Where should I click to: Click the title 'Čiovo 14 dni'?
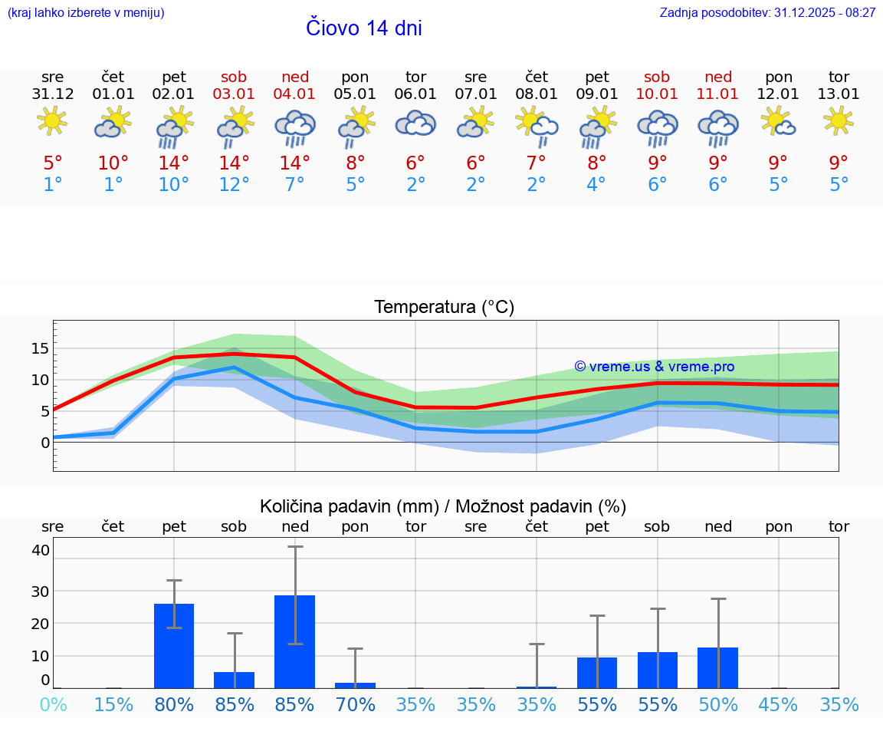(x=363, y=28)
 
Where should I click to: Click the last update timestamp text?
(x=767, y=13)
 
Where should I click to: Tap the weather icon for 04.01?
(x=295, y=127)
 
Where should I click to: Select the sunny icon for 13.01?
(x=838, y=120)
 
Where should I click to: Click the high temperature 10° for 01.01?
(x=113, y=163)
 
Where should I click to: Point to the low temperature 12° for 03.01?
(x=235, y=185)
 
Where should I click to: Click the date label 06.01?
(x=415, y=94)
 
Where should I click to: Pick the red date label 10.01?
(x=657, y=94)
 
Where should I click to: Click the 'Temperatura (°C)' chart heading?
(x=444, y=308)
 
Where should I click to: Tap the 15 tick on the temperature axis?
(x=41, y=348)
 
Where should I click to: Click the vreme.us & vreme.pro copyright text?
(x=654, y=367)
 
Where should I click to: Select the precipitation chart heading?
(x=442, y=506)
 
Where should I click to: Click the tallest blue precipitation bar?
(x=295, y=641)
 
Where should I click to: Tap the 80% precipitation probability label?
(x=174, y=704)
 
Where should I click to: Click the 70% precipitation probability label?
(x=355, y=704)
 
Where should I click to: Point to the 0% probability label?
(x=53, y=704)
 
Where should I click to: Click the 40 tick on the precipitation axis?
(x=41, y=550)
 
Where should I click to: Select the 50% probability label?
(x=717, y=704)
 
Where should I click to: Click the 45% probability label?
(x=778, y=704)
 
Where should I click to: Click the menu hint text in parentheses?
(x=85, y=13)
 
